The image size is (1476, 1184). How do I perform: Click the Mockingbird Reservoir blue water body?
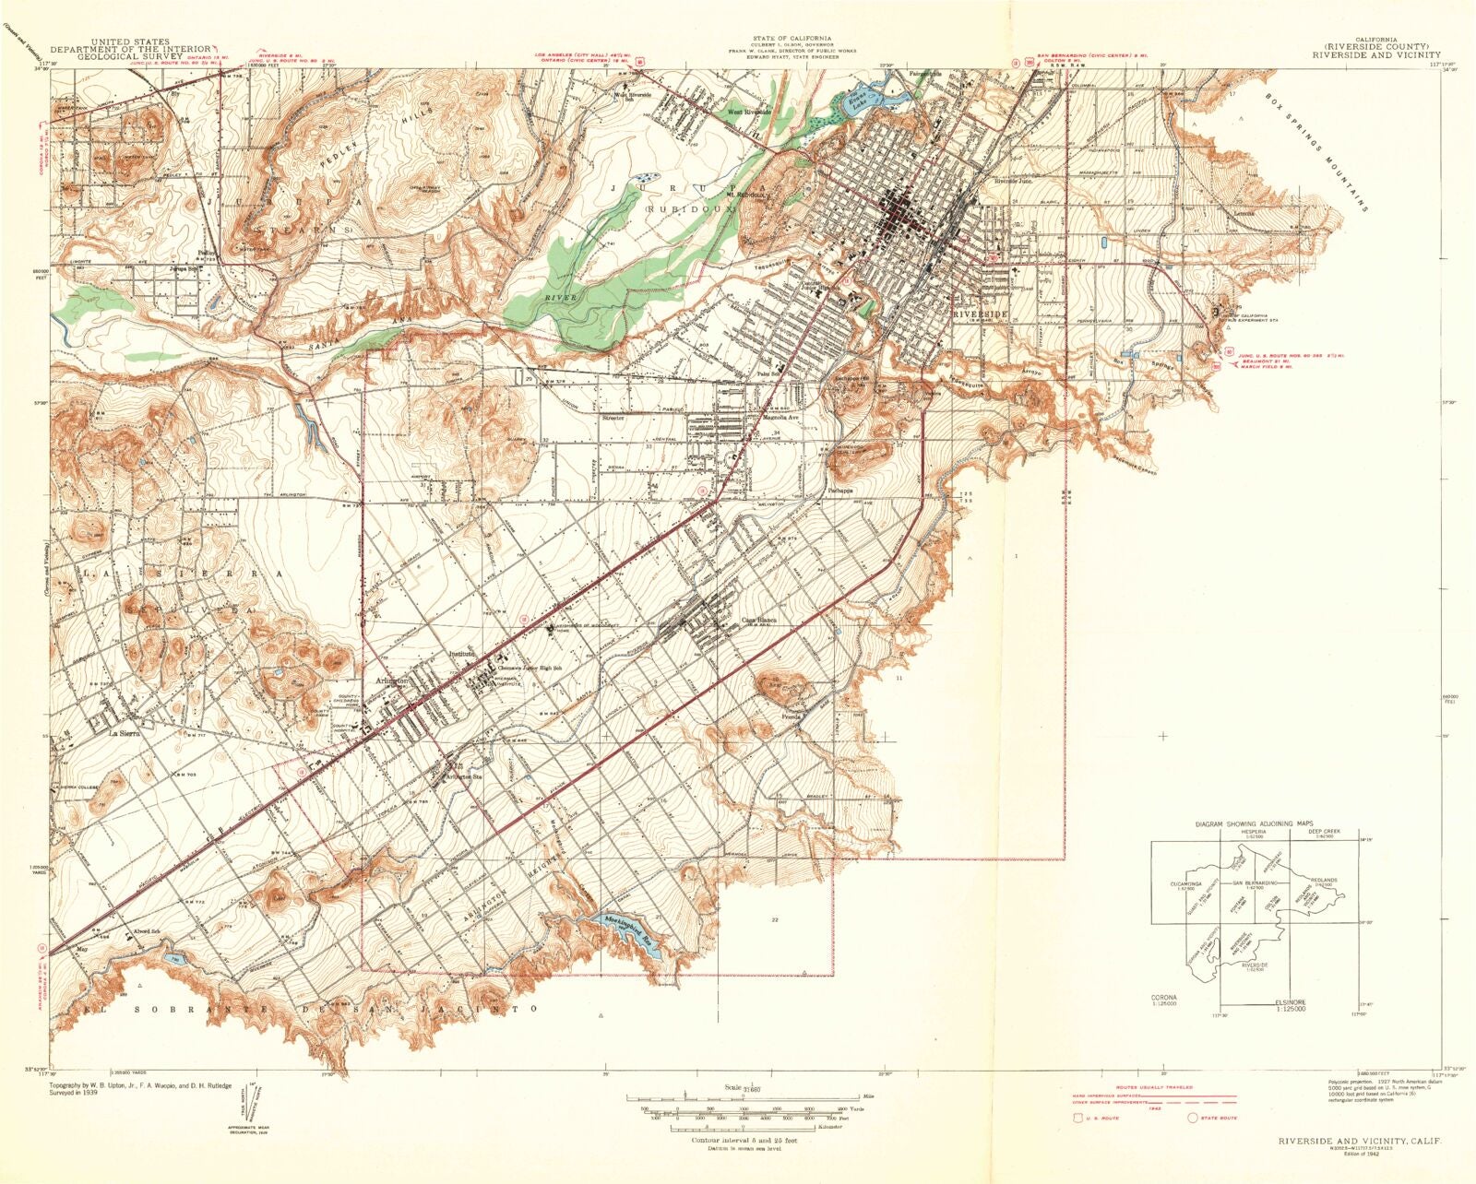point(635,928)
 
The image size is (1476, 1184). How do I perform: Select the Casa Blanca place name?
point(759,620)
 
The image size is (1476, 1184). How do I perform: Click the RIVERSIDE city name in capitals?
point(981,314)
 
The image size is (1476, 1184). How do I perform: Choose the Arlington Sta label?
point(464,776)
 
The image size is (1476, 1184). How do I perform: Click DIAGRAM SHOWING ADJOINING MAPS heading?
point(1254,823)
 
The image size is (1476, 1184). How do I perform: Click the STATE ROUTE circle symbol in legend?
point(1194,1118)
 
